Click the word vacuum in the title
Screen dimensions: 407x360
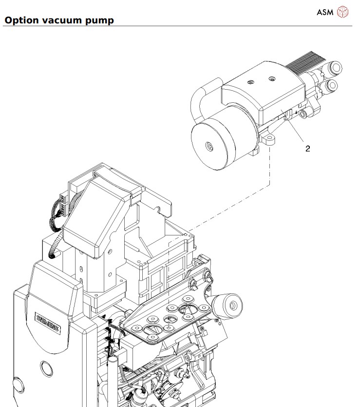(x=58, y=20)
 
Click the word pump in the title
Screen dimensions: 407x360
(x=99, y=21)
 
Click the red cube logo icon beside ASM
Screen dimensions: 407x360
(x=343, y=12)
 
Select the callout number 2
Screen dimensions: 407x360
(x=307, y=149)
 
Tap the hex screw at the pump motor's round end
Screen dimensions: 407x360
(x=209, y=146)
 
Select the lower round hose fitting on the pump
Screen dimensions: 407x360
(x=332, y=87)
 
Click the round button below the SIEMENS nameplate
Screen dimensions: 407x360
(x=47, y=366)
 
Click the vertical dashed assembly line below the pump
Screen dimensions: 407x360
(x=269, y=166)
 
